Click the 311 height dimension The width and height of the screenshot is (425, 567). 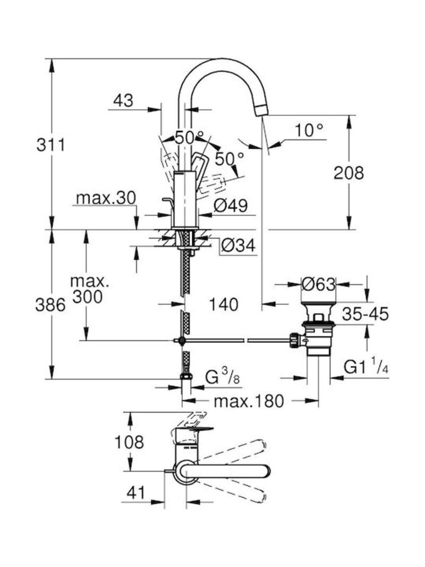(50, 145)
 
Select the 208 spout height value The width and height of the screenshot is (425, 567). (348, 173)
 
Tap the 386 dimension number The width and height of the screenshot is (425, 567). (50, 305)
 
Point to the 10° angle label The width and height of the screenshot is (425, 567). (309, 130)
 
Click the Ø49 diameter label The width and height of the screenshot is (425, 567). (231, 206)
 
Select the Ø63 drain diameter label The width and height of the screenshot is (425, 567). (318, 284)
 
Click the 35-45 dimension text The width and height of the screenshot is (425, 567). (365, 314)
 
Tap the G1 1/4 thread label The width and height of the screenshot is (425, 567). (365, 367)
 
